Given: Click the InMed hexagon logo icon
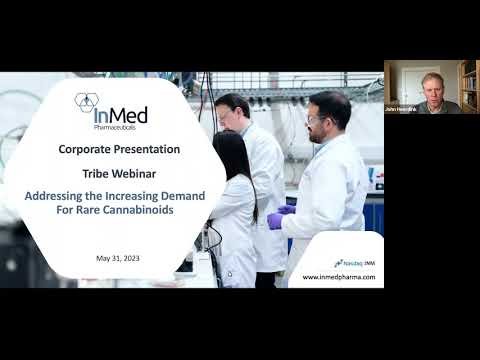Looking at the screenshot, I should click(x=87, y=102).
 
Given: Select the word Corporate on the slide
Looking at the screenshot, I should click(x=87, y=149).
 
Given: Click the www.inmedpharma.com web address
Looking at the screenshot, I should click(x=339, y=277).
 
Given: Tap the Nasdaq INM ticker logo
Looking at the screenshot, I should click(x=355, y=263).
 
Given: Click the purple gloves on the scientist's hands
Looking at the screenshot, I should click(x=275, y=220).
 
